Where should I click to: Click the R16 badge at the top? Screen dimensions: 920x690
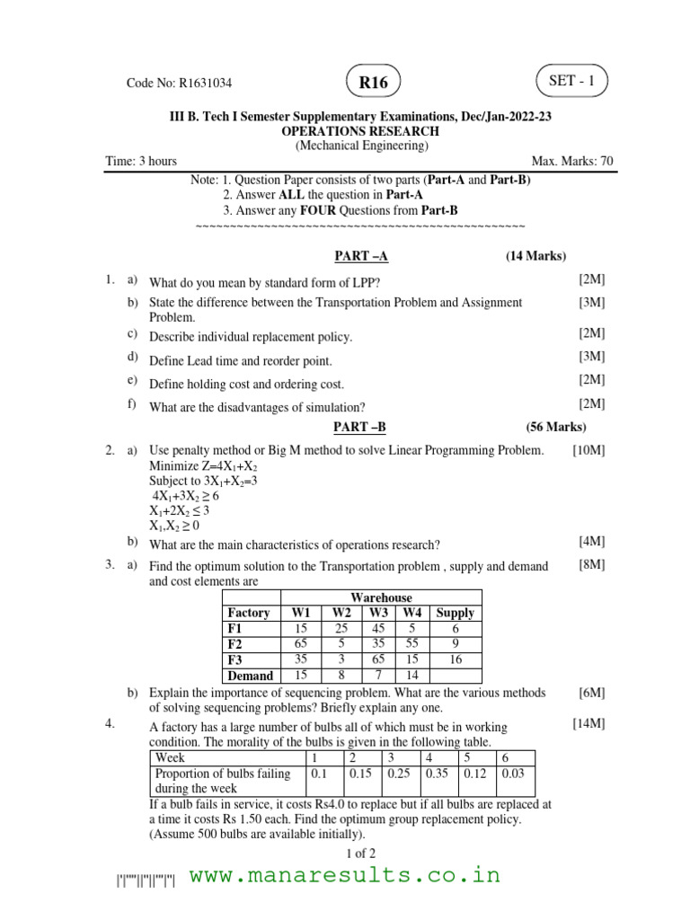(373, 83)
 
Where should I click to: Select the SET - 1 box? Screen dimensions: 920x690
(571, 82)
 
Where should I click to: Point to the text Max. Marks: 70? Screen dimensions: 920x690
(572, 161)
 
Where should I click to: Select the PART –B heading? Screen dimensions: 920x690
(361, 427)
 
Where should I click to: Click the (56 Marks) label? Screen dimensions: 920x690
(556, 427)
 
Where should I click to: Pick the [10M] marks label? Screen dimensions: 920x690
(588, 450)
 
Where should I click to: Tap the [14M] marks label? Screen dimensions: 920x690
(588, 722)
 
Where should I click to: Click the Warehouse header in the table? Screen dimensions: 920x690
(381, 597)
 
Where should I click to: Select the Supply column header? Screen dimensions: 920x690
(455, 613)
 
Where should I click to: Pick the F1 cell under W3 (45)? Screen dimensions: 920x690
(378, 629)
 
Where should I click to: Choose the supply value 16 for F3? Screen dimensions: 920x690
(455, 659)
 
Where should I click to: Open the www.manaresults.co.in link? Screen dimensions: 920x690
(345, 875)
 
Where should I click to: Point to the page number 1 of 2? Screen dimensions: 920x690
(360, 853)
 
